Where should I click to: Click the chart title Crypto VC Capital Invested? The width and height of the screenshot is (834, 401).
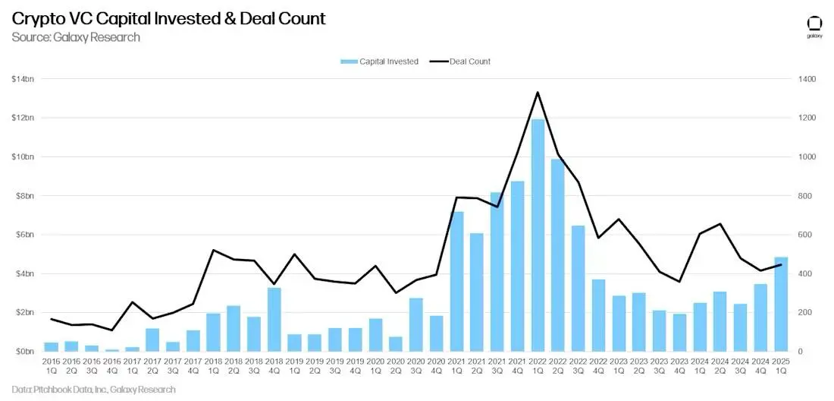168,18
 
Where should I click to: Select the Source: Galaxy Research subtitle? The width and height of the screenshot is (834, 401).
76,36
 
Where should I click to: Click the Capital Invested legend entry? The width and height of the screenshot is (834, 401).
379,62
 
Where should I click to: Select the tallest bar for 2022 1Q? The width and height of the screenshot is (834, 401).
538,235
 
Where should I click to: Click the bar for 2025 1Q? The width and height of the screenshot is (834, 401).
781,304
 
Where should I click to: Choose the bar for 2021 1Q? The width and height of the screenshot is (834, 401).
456,281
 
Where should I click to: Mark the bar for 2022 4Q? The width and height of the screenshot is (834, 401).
598,315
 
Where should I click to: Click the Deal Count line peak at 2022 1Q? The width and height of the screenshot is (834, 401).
538,93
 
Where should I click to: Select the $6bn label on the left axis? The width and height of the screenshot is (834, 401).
25,235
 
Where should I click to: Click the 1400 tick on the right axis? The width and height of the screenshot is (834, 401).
805,79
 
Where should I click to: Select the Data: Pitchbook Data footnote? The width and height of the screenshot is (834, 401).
93,390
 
